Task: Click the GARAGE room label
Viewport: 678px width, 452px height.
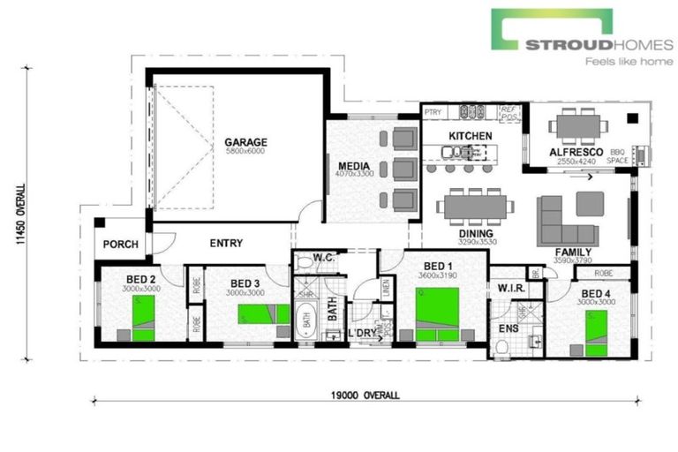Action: [245, 141]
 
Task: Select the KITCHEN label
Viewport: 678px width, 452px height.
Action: [470, 135]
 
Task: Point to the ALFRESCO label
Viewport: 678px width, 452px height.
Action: [576, 153]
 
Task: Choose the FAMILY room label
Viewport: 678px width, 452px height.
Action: [572, 252]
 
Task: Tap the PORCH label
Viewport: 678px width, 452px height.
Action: [119, 245]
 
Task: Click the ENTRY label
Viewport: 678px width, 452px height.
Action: [226, 243]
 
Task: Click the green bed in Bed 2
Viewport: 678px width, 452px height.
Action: [143, 314]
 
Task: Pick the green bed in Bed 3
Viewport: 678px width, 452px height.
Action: [263, 314]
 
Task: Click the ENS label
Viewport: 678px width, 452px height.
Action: [509, 328]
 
